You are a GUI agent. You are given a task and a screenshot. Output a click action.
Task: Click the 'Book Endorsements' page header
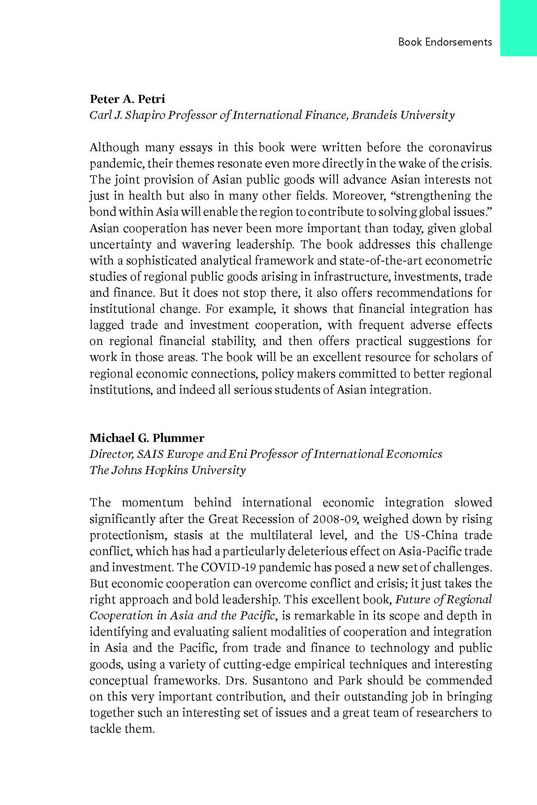445,42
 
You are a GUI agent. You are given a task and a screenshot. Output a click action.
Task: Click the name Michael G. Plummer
147,438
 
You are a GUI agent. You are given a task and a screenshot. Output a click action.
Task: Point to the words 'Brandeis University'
403,115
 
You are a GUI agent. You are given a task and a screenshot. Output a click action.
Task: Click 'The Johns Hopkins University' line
167,470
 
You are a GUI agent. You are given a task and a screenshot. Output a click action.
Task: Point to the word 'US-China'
431,535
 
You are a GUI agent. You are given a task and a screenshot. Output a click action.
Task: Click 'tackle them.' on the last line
122,729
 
